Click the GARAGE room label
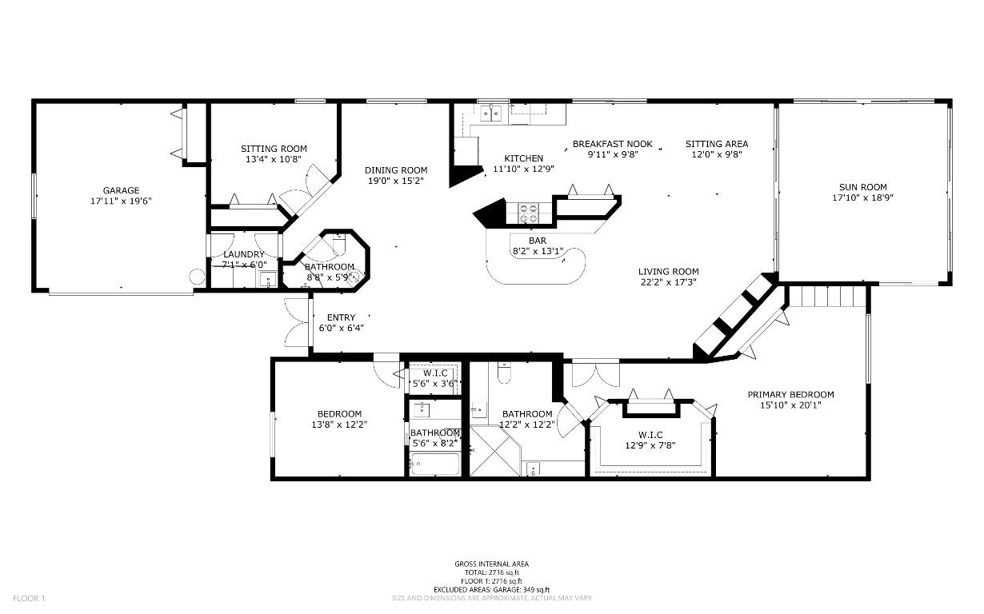point(121,190)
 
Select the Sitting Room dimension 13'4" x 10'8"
point(274,159)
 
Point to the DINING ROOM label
point(396,170)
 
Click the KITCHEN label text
point(523,158)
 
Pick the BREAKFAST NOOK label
point(612,144)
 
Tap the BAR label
point(538,240)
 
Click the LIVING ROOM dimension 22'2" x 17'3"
point(668,281)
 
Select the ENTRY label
point(341,317)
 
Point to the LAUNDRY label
point(243,254)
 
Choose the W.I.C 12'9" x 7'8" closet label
point(649,445)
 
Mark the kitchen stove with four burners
point(529,213)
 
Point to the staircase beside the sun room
point(826,297)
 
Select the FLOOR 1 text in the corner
point(30,598)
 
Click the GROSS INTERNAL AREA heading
point(491,564)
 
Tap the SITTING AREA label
point(717,144)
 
